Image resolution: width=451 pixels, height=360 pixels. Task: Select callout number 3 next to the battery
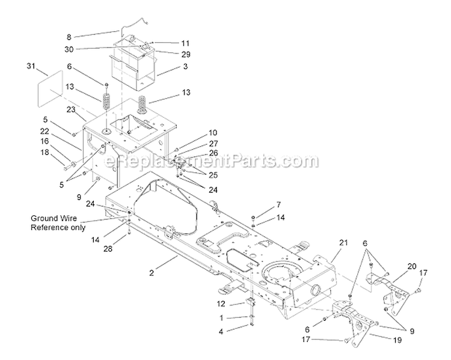point(186,67)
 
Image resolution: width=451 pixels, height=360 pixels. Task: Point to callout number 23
point(70,109)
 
